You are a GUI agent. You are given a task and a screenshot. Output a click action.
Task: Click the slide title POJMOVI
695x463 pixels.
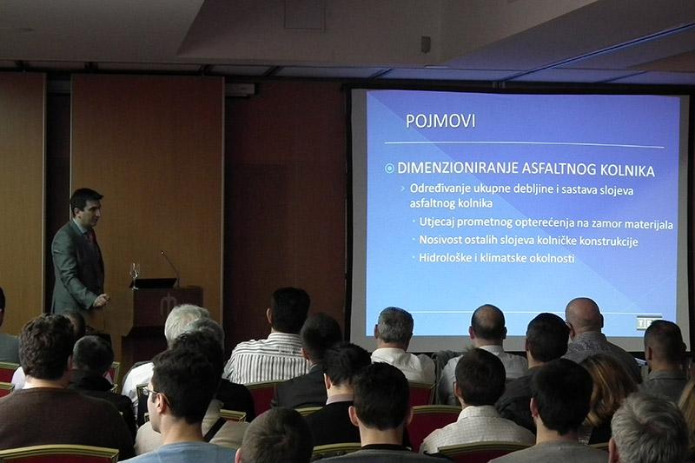coord(440,121)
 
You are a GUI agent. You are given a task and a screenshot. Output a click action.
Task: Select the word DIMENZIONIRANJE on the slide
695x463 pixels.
coord(458,169)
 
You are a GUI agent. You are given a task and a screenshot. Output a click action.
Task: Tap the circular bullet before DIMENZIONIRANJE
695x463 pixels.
coord(389,169)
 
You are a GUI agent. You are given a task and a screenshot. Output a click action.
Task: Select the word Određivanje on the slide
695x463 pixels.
coord(437,189)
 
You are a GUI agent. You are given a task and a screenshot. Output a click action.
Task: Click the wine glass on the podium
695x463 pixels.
coord(135,274)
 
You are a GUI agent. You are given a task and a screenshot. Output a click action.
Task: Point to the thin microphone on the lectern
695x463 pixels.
coord(169,265)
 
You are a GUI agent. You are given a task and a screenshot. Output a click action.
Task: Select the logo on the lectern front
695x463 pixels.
coord(169,303)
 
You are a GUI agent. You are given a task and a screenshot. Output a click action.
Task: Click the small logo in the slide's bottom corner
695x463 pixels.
coord(649,322)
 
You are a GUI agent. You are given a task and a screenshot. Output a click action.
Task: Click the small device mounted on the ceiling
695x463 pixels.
coord(425,44)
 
